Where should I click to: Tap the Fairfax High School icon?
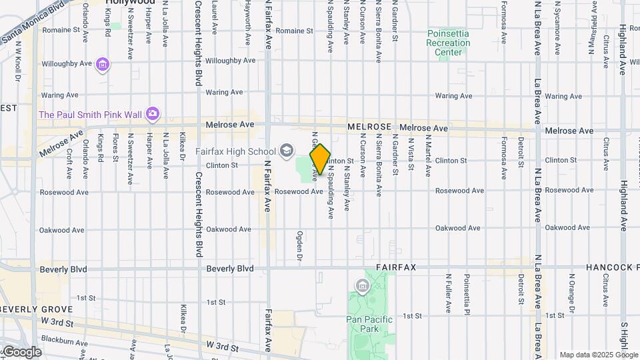[287, 151]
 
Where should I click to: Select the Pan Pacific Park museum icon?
[363, 287]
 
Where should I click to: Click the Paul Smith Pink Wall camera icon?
[153, 114]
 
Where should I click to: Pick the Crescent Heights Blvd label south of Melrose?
[198, 213]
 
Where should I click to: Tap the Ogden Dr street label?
[299, 246]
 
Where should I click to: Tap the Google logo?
[22, 352]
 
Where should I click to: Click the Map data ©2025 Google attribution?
[598, 355]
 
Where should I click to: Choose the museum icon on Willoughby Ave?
[102, 65]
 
